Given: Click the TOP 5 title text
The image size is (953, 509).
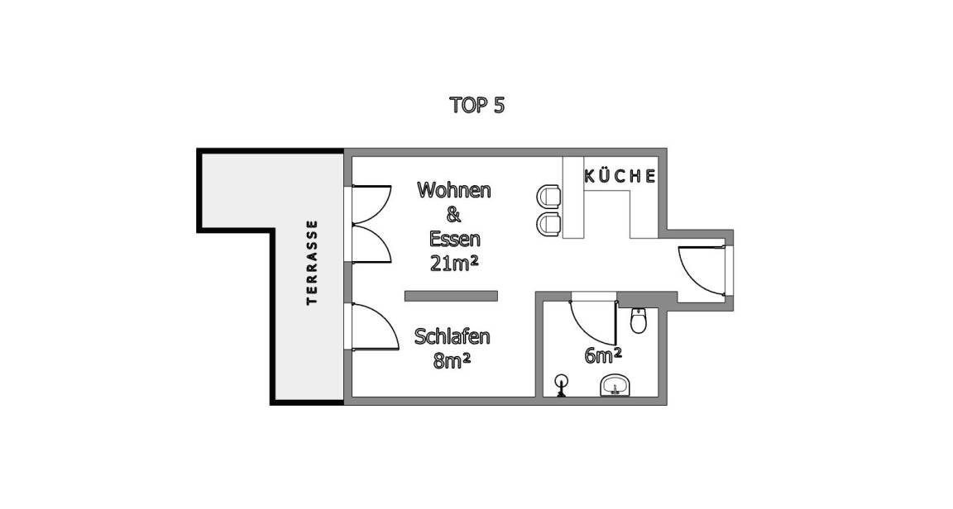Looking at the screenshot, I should (476, 106).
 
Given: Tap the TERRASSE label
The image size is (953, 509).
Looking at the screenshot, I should (312, 263).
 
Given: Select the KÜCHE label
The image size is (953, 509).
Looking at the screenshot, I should (620, 176).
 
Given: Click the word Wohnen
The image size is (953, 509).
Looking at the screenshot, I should (453, 190).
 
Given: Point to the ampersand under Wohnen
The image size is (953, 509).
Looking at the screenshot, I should (453, 215).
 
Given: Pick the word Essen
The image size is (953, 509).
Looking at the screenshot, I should (454, 239).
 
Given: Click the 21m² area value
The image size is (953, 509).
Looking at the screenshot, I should (455, 264).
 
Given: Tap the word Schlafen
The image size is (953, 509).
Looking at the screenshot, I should (452, 337).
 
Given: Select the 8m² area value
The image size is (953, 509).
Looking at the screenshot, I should (452, 361).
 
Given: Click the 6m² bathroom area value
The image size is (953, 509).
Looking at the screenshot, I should (603, 356).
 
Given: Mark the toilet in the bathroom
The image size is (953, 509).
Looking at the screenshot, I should (638, 321).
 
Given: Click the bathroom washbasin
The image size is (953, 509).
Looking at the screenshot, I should (615, 385).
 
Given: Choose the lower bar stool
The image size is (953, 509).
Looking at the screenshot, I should (549, 223).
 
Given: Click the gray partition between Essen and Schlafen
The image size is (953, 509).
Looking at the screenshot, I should (451, 296).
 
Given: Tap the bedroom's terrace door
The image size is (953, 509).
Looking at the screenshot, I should (372, 326).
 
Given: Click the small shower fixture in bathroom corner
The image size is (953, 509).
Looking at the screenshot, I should (563, 385).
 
